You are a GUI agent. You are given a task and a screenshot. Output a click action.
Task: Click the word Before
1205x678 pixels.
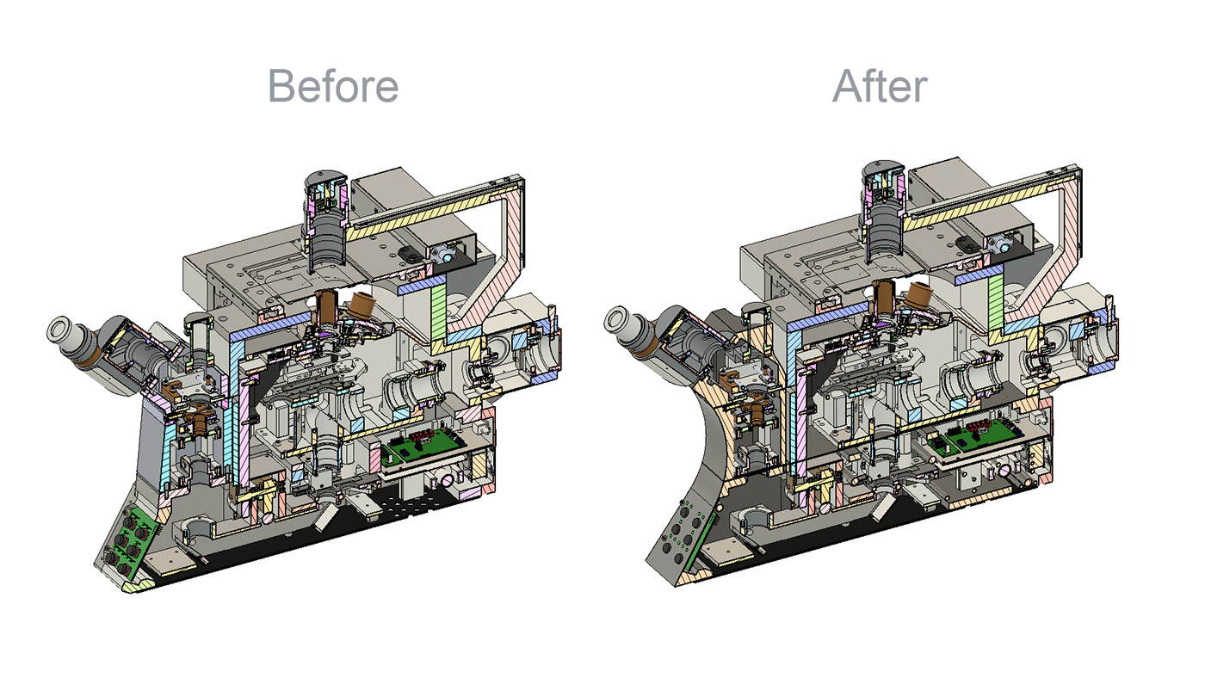(333, 86)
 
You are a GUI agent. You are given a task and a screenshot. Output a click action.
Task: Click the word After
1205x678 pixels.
(880, 86)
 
